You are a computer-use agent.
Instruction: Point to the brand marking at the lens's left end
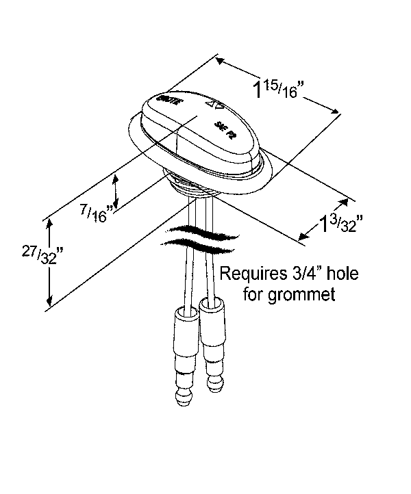pyautogui.click(x=169, y=100)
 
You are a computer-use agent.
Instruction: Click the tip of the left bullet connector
pyautogui.click(x=182, y=395)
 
